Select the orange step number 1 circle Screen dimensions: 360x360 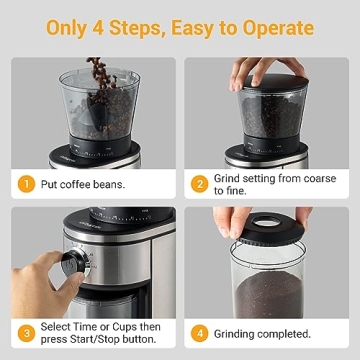(x=26, y=184)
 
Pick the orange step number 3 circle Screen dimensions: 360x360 (x=26, y=333)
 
